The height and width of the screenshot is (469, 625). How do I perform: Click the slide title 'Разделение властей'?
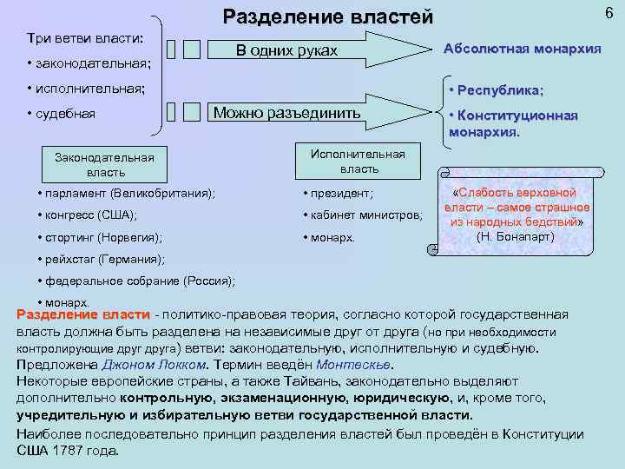click(327, 17)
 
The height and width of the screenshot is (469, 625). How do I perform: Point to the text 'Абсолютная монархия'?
click(522, 49)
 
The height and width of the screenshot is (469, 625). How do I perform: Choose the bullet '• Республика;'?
click(496, 90)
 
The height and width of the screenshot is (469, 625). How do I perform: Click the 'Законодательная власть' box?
click(104, 164)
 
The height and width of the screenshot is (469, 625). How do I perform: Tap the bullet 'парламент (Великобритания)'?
click(128, 192)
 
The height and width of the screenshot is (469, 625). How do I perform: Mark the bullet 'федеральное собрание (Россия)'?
click(137, 281)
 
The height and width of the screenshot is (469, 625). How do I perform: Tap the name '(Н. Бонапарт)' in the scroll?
click(516, 236)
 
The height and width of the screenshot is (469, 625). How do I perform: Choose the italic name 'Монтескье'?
click(353, 364)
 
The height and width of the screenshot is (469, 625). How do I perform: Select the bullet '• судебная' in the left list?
click(61, 113)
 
